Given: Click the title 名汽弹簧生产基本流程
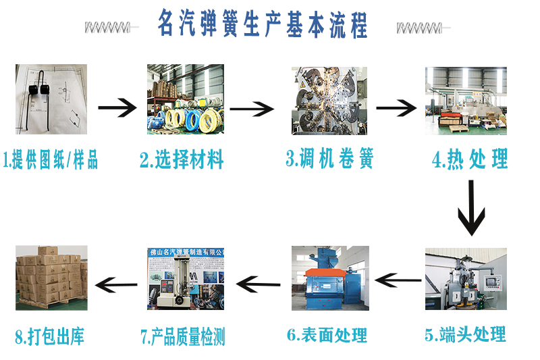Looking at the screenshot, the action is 263,24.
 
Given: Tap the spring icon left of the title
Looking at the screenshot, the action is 111,27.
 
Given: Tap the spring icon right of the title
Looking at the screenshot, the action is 423,28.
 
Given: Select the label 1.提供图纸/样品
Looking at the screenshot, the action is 50,159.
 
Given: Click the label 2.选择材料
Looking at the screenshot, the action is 182,159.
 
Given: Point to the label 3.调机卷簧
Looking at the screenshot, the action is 329,158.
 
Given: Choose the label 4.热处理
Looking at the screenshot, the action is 470,159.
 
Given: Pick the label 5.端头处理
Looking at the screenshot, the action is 465,334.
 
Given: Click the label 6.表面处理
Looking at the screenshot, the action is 327,335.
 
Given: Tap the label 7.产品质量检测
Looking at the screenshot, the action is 182,336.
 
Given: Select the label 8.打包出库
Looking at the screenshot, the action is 49,336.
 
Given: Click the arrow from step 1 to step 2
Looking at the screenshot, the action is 117,108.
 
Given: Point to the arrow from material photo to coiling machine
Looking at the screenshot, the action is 252,109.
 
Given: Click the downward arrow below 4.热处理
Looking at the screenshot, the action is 471,208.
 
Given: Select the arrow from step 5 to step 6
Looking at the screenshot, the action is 398,280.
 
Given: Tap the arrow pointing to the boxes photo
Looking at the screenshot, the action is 116,284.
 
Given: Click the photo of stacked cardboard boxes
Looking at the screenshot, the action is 52,278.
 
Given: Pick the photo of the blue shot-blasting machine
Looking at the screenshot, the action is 330,278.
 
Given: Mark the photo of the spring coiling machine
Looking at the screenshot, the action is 329,101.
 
